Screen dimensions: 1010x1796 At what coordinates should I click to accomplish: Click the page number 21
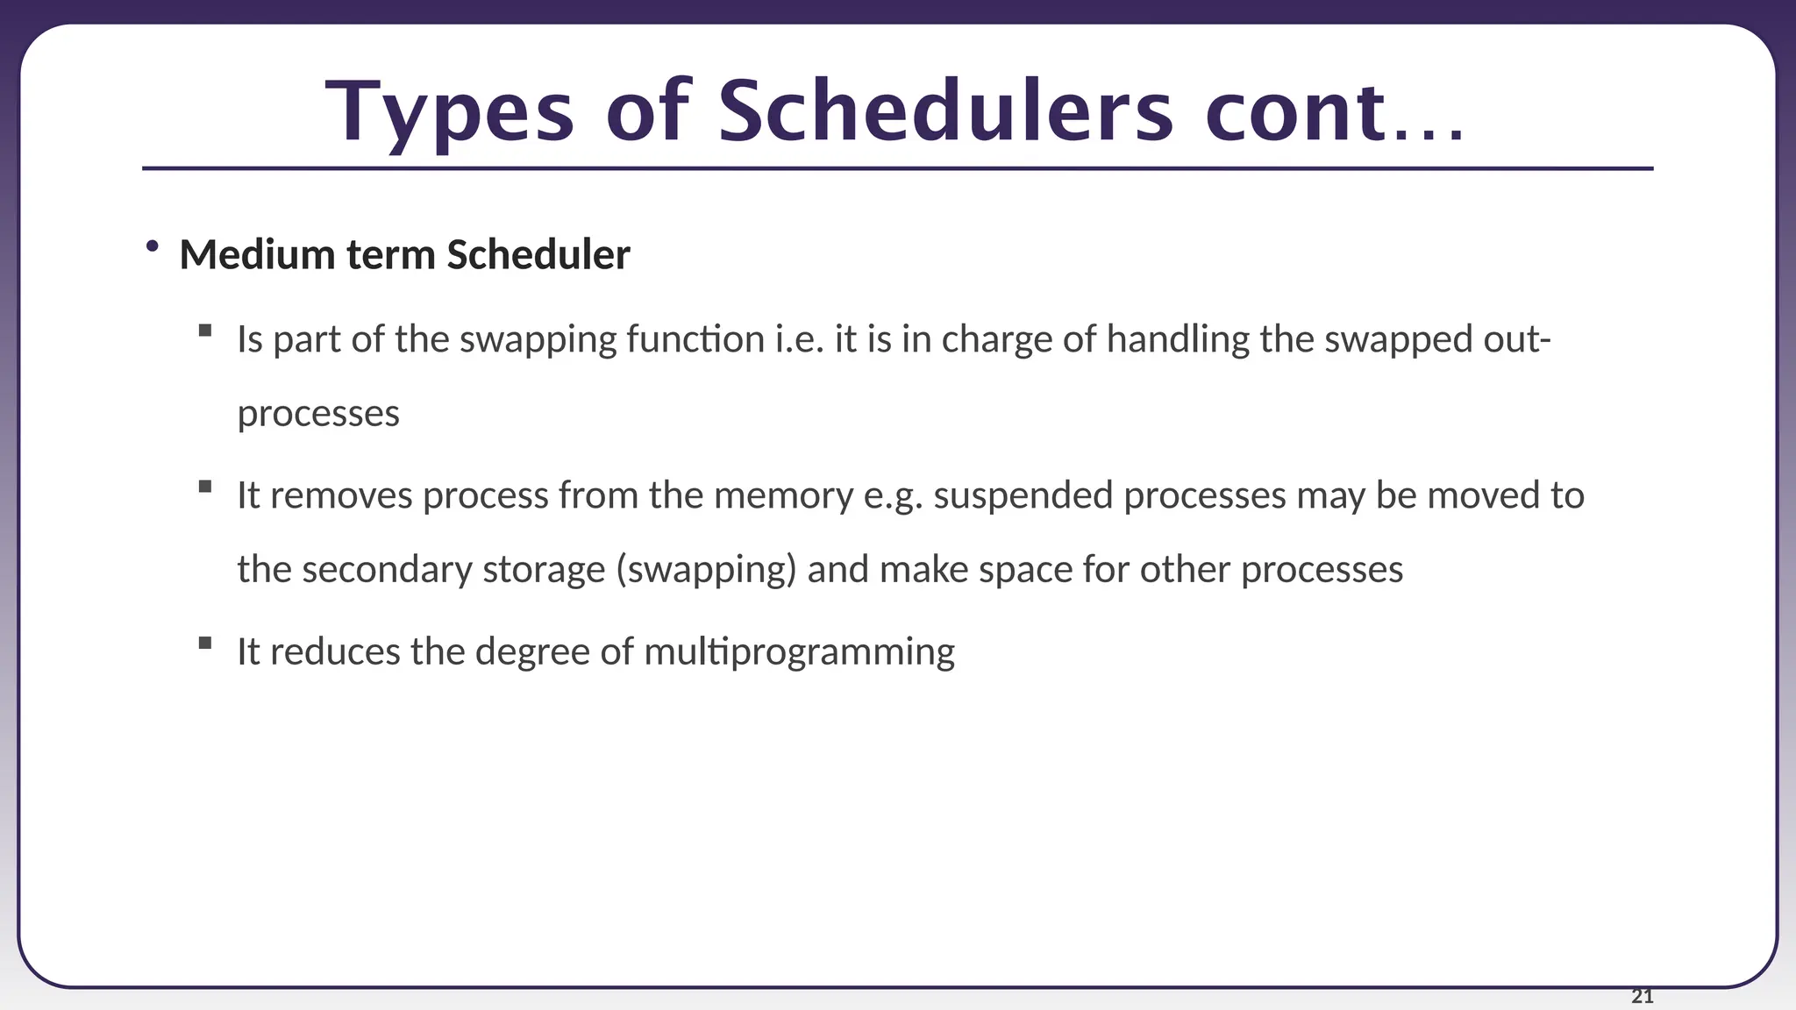[x=1642, y=996]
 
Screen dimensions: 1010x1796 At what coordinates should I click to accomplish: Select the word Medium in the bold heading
[x=258, y=255]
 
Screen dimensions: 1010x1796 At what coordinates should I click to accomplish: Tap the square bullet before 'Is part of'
[x=205, y=331]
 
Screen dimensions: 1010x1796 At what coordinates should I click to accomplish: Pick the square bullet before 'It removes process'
[x=205, y=487]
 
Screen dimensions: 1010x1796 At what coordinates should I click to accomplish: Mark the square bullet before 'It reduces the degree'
[x=205, y=643]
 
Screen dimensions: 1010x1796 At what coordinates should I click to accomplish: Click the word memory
[x=783, y=496]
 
